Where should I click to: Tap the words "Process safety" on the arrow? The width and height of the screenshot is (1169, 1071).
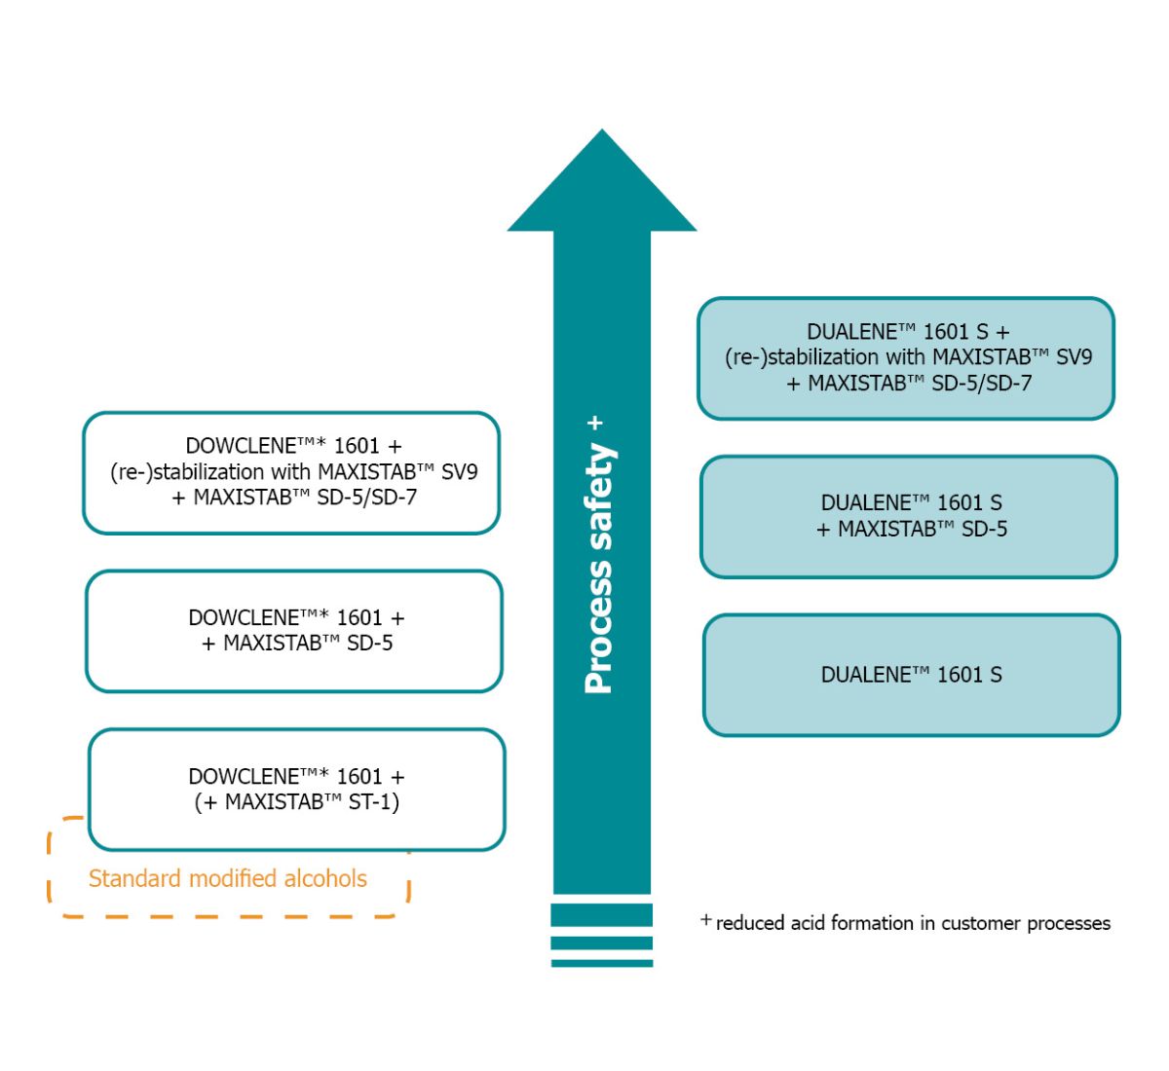(x=599, y=570)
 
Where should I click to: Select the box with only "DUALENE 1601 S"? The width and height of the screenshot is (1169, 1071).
(x=911, y=675)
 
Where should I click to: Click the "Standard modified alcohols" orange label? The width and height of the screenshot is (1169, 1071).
(x=228, y=878)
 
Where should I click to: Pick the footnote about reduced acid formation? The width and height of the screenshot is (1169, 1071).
(x=906, y=923)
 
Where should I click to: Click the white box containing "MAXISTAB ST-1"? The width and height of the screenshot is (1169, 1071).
(x=297, y=789)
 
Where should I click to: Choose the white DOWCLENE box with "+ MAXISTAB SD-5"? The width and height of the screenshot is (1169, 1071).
(x=294, y=631)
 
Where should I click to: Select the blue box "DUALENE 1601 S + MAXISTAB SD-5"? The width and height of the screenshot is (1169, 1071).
(x=909, y=516)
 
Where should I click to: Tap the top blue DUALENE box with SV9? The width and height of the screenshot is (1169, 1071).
(x=906, y=357)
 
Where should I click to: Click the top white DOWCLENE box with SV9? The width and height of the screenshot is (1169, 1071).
(x=291, y=472)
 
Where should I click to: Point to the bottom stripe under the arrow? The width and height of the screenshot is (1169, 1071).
(x=602, y=963)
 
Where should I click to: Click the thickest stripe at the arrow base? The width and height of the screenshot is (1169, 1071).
(x=602, y=914)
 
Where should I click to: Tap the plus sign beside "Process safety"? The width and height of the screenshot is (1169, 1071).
(x=596, y=424)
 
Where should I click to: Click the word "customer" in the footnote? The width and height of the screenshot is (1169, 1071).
(x=979, y=923)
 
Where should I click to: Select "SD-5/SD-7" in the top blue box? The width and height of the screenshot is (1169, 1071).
(x=981, y=384)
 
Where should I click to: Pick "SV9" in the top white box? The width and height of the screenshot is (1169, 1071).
(x=459, y=472)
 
